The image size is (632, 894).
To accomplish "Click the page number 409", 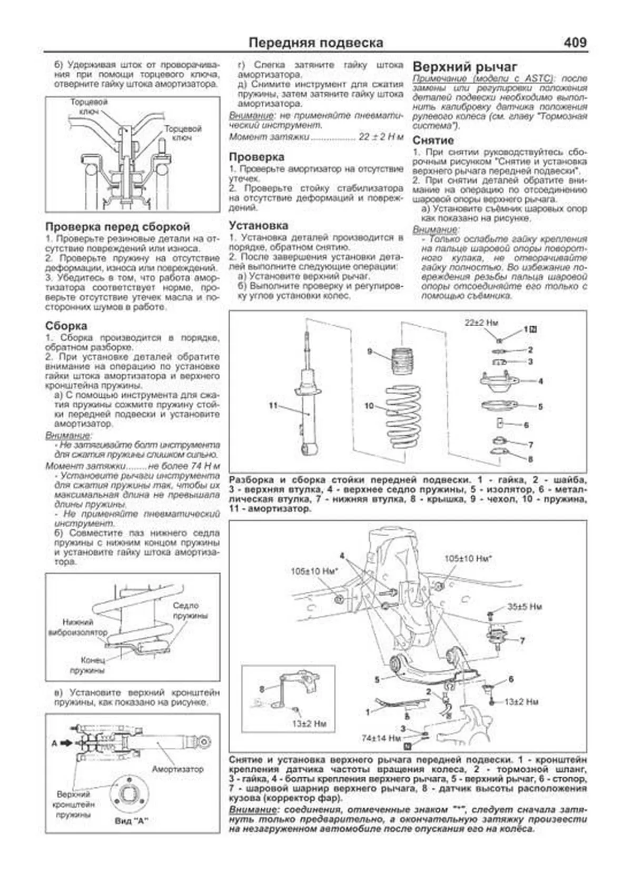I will (575, 42).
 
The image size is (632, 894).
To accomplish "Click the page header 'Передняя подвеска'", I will (315, 43).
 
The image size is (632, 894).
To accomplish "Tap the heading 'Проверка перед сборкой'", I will (117, 227).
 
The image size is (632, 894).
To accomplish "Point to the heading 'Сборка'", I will (66, 326).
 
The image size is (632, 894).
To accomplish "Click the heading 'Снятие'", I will (433, 140).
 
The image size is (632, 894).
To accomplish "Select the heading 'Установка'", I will (258, 225).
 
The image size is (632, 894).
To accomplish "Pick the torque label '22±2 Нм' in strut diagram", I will (481, 323).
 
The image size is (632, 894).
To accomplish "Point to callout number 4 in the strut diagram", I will (540, 381).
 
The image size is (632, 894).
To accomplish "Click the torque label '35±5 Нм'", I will (525, 607).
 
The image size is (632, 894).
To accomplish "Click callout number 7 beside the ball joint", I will (522, 640).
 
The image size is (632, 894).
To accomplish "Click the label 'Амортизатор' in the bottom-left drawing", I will (177, 769).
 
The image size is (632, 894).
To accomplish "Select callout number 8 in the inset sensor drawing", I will (262, 689).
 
